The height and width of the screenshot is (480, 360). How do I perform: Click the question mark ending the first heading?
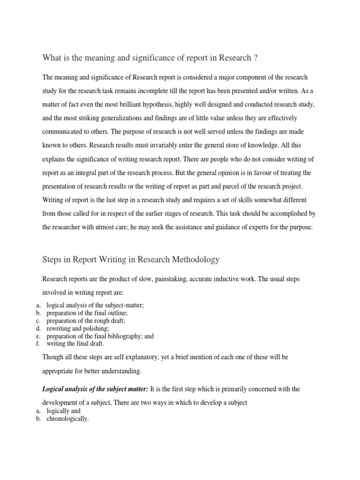tap(255, 58)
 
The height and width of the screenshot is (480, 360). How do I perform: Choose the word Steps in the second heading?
tap(52, 259)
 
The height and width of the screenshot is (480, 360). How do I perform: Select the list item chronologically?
tap(67, 419)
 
